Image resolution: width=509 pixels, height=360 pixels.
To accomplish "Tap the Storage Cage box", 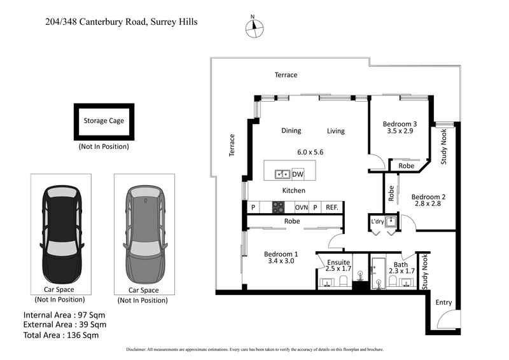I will [104, 121].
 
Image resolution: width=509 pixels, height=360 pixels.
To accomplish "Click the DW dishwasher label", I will [298, 174].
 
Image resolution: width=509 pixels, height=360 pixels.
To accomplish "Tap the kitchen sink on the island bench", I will [282, 174].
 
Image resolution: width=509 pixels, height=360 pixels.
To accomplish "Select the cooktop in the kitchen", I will [279, 207].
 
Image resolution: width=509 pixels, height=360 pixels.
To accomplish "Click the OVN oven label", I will [301, 207].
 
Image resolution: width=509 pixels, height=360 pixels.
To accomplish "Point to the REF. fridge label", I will [332, 207].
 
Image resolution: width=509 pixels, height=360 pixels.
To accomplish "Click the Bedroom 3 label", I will [400, 124].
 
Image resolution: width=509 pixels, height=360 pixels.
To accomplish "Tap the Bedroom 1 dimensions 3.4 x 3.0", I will [281, 261].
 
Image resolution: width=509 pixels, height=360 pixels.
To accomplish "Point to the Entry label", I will [443, 303].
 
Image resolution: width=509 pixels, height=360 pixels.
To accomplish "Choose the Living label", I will [335, 131].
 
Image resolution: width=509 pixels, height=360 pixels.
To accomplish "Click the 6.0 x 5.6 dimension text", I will [310, 153].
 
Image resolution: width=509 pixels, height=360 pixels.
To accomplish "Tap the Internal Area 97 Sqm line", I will [64, 315].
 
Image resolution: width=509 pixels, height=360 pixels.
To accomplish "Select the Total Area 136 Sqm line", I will [61, 335].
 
